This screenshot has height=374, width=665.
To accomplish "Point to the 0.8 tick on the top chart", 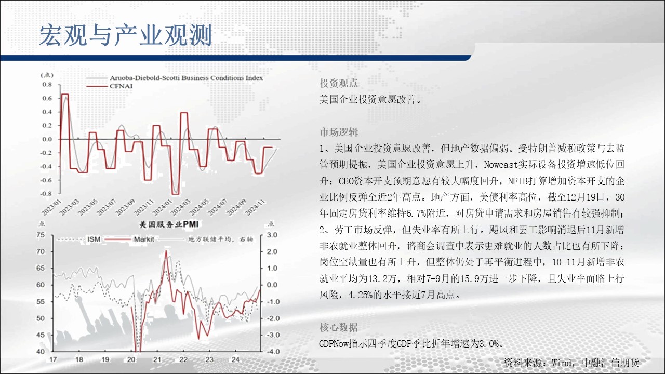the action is click(x=47, y=85).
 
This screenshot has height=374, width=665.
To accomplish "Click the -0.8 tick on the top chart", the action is click(x=46, y=194).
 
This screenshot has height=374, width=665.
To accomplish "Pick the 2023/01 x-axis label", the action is click(x=50, y=207).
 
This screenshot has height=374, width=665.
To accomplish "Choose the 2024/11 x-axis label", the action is click(x=255, y=207).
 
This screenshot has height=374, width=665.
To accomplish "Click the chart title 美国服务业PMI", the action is click(x=169, y=224).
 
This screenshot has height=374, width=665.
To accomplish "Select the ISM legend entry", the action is click(x=94, y=239).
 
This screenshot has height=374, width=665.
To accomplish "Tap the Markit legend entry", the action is click(x=144, y=239).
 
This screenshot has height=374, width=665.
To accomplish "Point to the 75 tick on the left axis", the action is click(x=41, y=235).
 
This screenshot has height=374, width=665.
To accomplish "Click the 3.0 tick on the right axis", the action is click(x=272, y=235).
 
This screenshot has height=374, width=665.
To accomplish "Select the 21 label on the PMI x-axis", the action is click(x=157, y=360).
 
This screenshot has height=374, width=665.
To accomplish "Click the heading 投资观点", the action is click(x=339, y=83).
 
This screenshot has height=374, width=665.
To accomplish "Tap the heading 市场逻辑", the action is click(x=339, y=132).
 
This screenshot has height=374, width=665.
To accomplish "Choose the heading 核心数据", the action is click(x=339, y=327).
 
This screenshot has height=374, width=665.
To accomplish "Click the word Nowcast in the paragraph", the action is click(x=501, y=165).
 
